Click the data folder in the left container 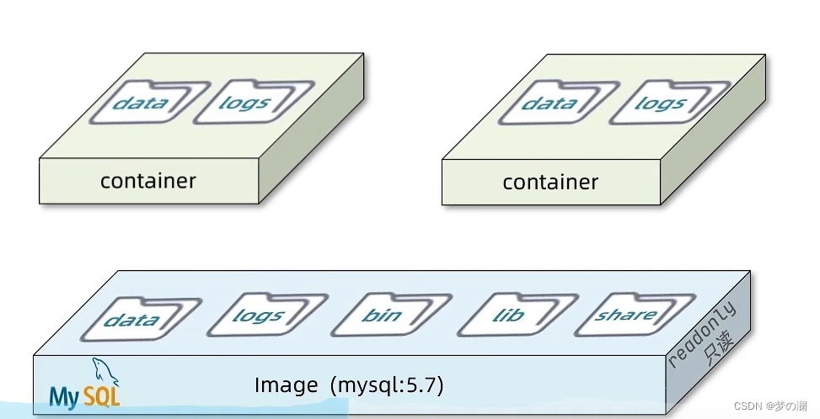pos(148,103)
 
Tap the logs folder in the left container pos(255,102)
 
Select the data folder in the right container pos(559,103)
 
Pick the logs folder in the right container pos(669,103)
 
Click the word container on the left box pos(148,181)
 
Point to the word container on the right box pos(550,182)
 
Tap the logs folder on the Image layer pos(267,316)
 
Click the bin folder pos(391,316)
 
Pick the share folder pos(635,315)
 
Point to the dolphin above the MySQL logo pos(105,372)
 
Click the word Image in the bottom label pos(286,385)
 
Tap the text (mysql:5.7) pos(387,385)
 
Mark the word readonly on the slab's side pos(702,334)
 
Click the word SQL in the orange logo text pos(102,397)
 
